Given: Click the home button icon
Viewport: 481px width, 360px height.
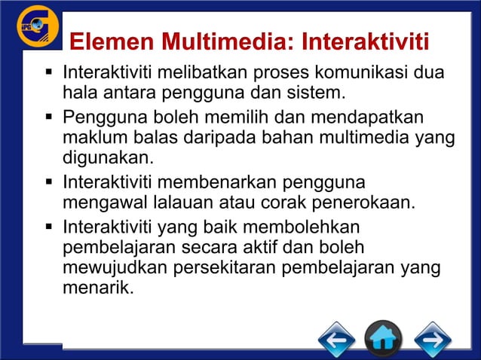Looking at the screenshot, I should coord(383,339).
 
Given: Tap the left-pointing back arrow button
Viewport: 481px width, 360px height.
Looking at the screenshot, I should coord(336,339).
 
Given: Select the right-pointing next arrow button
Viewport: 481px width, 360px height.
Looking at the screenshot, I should coord(432,339).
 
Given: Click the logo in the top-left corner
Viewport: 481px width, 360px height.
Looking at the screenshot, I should coord(37,28).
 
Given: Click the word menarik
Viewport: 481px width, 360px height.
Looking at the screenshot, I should coord(97,288).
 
